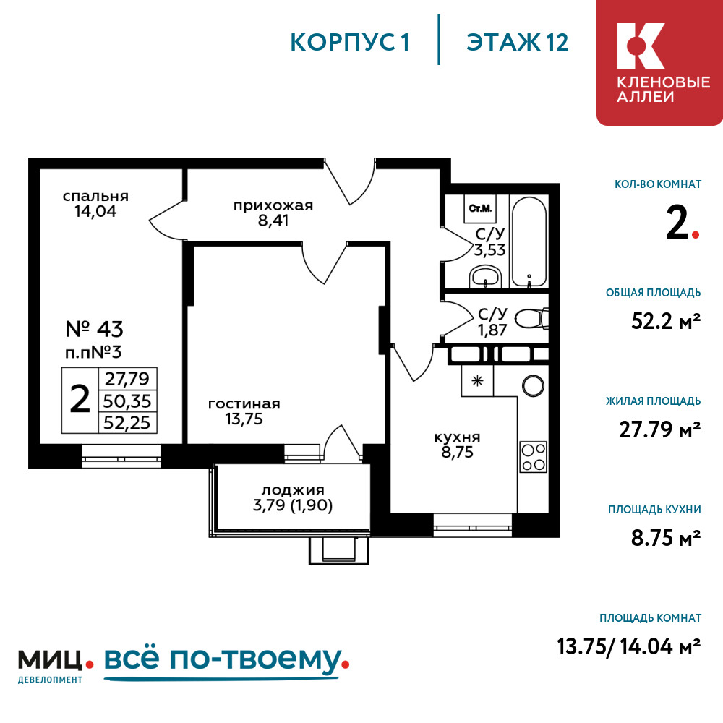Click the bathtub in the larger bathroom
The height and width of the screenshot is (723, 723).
tap(529, 242)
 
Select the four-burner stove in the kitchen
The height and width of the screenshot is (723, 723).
tap(533, 456)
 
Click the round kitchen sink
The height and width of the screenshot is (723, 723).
tap(533, 385)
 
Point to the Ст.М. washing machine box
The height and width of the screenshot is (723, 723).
tap(481, 208)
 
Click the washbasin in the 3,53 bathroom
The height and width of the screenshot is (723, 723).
tap(485, 277)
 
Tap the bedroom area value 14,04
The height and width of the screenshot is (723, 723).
tap(96, 211)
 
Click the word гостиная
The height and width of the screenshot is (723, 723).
tap(244, 404)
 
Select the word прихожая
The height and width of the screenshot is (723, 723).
tap(273, 205)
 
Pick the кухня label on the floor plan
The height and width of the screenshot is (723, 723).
tap(457, 437)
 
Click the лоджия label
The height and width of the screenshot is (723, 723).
tap(293, 489)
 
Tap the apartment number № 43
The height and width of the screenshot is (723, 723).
tap(95, 329)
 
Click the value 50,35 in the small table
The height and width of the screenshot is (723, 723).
tap(127, 401)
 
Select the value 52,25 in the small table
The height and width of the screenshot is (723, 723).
tap(127, 423)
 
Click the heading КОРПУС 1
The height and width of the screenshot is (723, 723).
tap(350, 43)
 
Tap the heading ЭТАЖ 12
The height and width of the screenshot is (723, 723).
tap(518, 43)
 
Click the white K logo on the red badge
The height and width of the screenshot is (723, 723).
tap(641, 46)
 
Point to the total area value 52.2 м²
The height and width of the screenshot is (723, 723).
tap(666, 321)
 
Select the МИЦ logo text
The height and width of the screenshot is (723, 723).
tap(50, 660)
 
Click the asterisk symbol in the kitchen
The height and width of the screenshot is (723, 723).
tap(477, 381)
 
